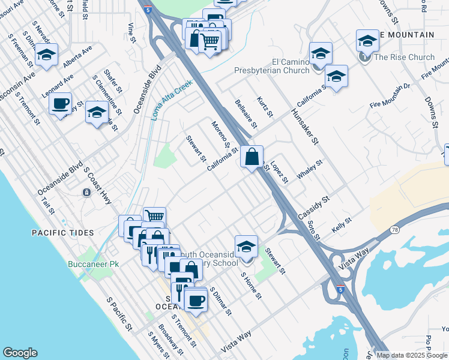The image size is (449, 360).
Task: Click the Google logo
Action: point(20,353)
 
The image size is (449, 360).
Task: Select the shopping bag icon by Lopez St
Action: point(253,157)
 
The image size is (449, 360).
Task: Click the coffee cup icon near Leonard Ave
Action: point(61,104)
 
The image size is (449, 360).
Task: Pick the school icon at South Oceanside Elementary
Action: point(246,247)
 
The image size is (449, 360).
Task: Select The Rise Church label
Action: point(403,58)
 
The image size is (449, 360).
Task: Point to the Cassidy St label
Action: point(314,206)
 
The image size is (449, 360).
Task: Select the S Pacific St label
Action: point(119,316)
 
